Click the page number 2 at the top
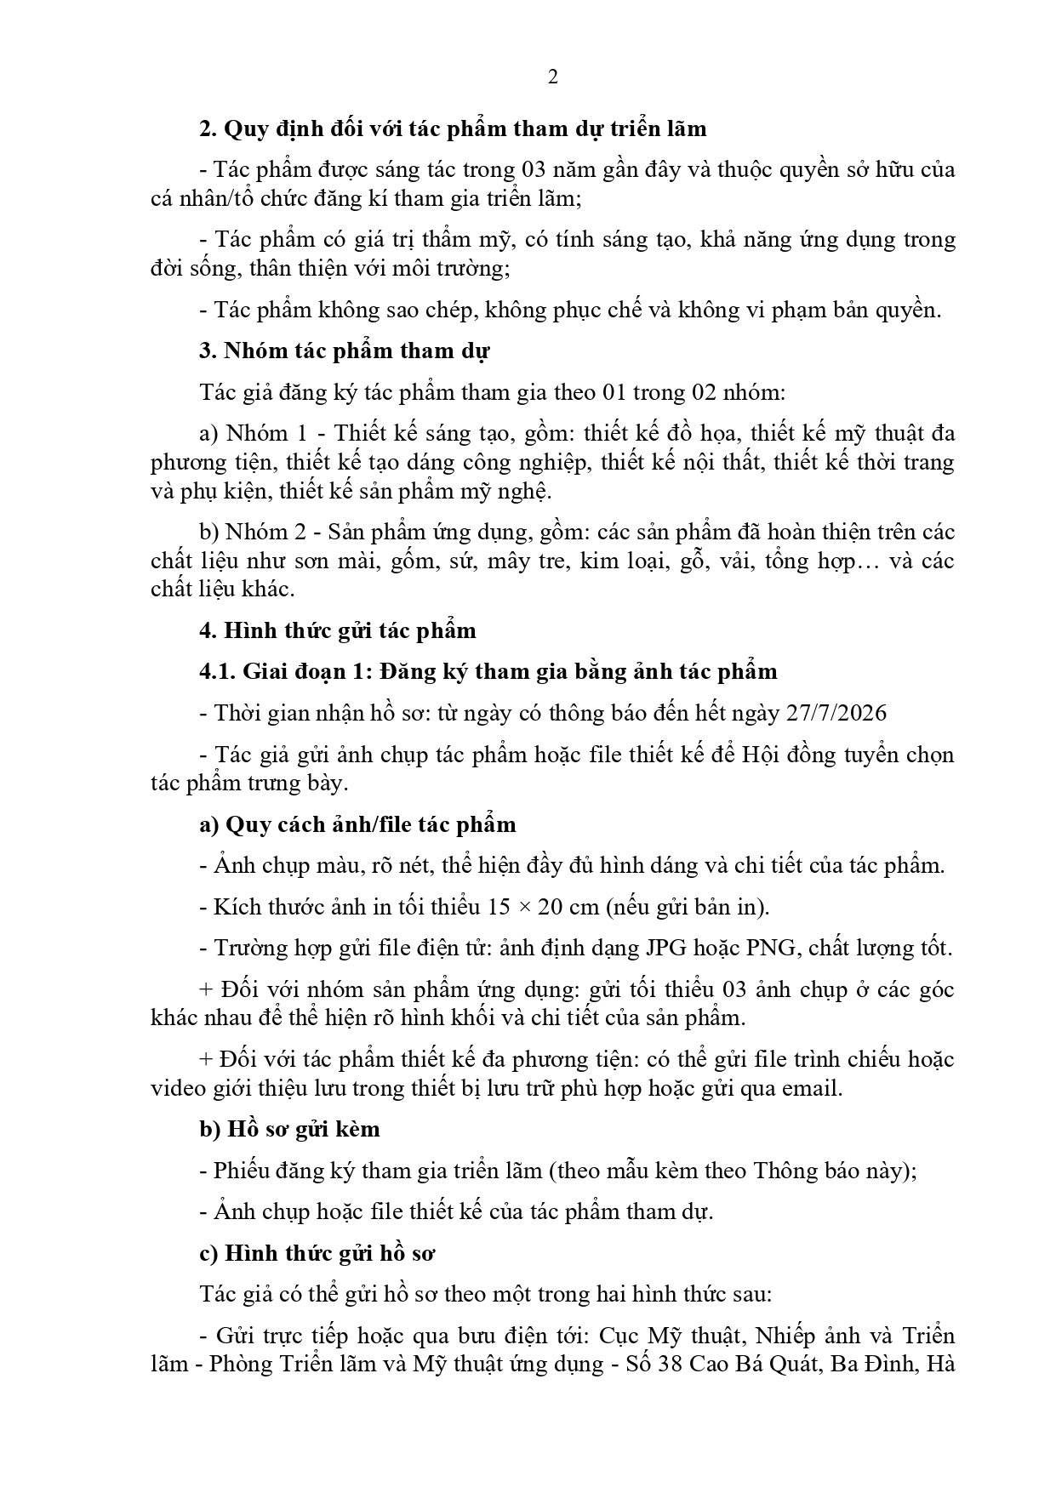tap(553, 77)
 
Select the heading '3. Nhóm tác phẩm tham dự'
tap(344, 350)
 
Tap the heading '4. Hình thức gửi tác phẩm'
tap(338, 630)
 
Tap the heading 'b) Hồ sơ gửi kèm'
tap(289, 1129)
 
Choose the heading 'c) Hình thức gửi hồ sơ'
tap(317, 1253)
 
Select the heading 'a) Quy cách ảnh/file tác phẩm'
tap(357, 824)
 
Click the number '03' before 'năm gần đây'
tap(531, 170)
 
